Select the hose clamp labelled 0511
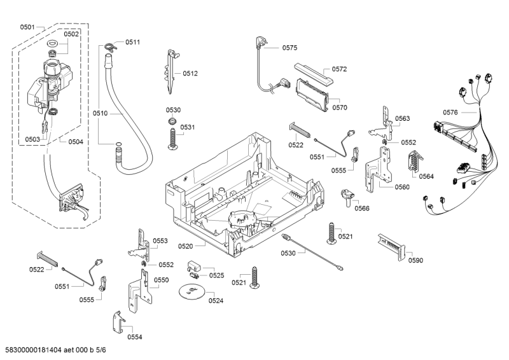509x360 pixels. (111, 45)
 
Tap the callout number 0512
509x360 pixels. (190, 73)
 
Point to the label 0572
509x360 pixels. (339, 69)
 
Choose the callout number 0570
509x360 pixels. (339, 107)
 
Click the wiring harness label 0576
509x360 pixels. (450, 113)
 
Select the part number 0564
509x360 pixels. (426, 176)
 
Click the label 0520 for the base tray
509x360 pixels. (186, 246)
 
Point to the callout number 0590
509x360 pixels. (415, 260)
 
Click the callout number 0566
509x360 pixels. (362, 208)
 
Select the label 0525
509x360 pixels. (217, 275)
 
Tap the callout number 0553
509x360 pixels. (160, 241)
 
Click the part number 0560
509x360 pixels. (402, 187)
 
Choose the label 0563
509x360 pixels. (402, 118)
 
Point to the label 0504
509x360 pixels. (76, 141)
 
